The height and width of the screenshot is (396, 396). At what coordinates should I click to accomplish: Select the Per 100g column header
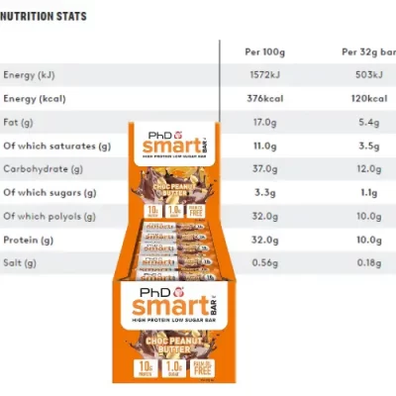tap(265, 51)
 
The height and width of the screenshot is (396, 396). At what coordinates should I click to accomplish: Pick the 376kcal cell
tap(265, 98)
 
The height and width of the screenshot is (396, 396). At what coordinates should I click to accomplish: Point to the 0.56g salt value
tap(263, 262)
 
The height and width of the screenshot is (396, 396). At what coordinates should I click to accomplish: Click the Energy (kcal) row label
tap(36, 98)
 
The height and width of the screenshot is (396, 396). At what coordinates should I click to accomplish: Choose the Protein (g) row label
tap(30, 239)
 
